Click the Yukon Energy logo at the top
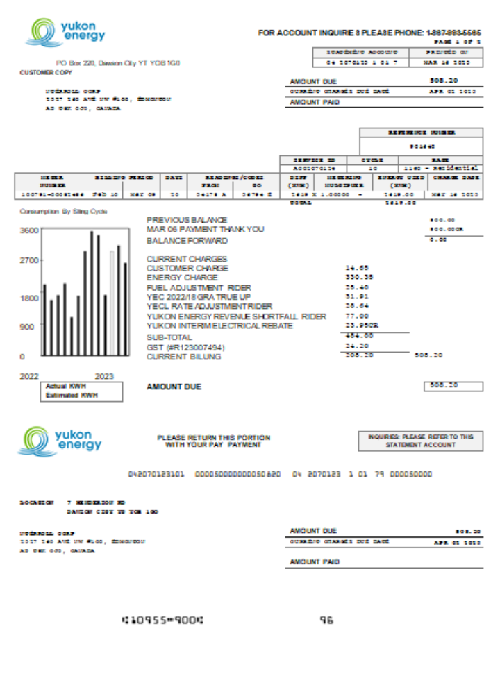click(x=65, y=32)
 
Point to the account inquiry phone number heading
click(x=369, y=33)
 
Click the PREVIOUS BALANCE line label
click(x=187, y=220)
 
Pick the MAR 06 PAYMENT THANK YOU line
click(x=206, y=229)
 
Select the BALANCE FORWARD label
click(x=187, y=241)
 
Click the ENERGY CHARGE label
click(x=182, y=278)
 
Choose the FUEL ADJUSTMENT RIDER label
click(x=199, y=287)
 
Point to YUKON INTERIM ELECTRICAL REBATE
click(x=219, y=325)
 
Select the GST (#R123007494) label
click(x=186, y=347)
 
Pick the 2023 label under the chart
click(x=104, y=375)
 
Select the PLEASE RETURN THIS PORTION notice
click(x=214, y=441)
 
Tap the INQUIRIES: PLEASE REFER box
click(x=421, y=441)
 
